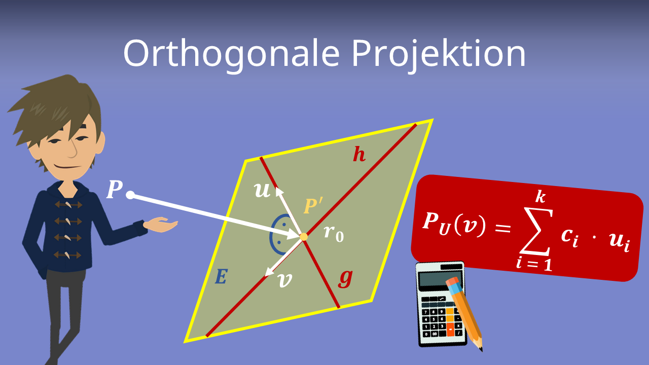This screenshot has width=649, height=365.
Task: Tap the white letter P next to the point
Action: tap(114, 190)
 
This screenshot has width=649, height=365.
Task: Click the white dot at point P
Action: tap(130, 195)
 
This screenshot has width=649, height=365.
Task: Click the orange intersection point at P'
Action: tap(304, 237)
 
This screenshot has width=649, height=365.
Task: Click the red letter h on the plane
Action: tap(359, 155)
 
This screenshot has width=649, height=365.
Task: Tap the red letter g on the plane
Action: tap(345, 278)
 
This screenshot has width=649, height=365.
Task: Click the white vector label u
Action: tap(262, 191)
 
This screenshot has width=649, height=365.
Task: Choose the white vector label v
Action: tap(285, 280)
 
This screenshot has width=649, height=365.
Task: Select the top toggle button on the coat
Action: tap(68, 205)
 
